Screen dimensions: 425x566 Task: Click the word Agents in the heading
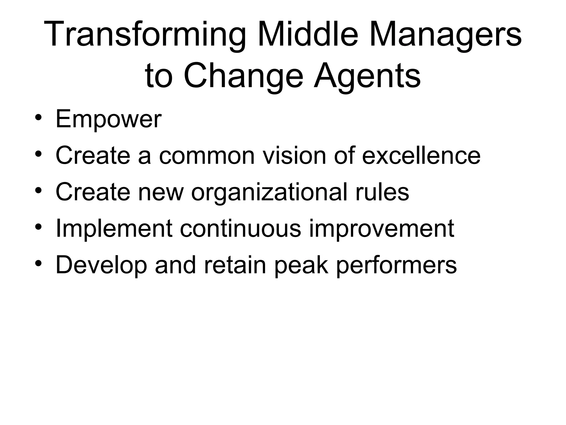coord(367,76)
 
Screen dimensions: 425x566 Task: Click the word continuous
coord(240,229)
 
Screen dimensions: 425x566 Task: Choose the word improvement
coord(381,229)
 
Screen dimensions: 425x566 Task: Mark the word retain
coord(235,265)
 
